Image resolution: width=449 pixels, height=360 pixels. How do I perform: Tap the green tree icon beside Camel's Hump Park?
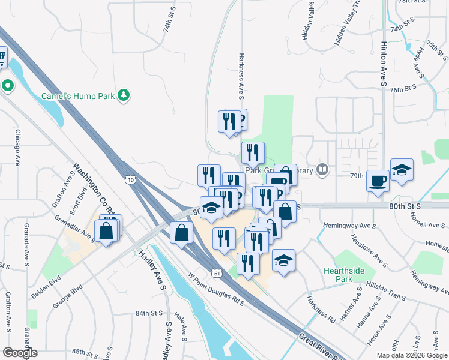click(124, 95)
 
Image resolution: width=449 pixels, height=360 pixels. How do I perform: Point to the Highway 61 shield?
click(217, 273)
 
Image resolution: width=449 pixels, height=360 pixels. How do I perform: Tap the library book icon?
click(323, 170)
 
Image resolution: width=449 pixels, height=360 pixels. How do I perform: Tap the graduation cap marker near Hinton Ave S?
click(402, 170)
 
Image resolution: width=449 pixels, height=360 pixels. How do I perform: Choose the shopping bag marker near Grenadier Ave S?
click(106, 230)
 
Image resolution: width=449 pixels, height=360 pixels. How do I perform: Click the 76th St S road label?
click(403, 88)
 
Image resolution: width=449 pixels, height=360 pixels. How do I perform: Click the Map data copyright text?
click(412, 355)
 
